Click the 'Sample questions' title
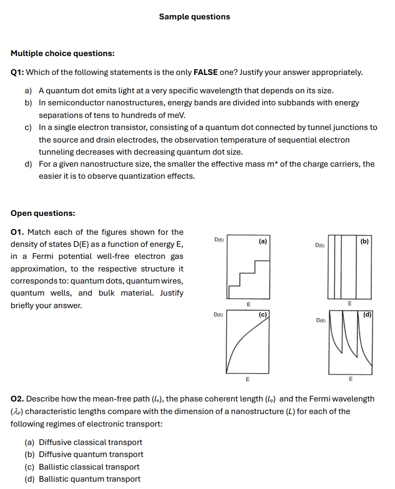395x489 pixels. [194, 17]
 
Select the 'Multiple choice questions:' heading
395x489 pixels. [62, 53]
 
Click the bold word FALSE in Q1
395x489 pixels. [205, 72]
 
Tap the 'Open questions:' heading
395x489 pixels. [42, 213]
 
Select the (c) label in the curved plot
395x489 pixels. [263, 314]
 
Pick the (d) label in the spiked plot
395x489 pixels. [367, 314]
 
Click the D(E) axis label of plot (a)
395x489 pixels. [219, 240]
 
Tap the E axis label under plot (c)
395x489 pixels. [248, 378]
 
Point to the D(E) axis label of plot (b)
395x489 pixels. [319, 245]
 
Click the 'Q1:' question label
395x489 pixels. [17, 72]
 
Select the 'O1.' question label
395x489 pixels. [17, 232]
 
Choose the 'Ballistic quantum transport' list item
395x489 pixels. [90, 479]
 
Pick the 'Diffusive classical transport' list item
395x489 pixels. [91, 443]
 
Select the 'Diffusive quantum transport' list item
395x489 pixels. [91, 455]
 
